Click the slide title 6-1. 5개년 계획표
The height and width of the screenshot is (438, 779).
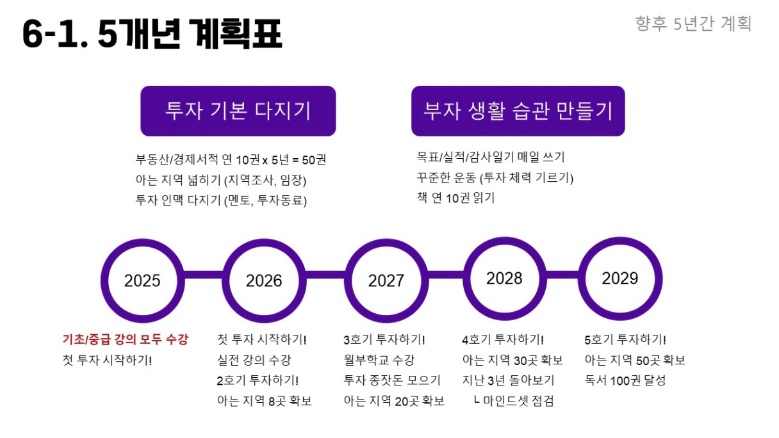point(152,34)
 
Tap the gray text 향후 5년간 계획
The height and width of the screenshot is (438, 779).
point(693,24)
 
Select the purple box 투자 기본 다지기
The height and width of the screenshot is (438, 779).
point(238,111)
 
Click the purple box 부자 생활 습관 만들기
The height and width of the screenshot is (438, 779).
point(518,111)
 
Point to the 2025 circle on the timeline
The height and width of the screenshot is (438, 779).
point(143,280)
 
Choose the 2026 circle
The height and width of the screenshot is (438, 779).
point(264,280)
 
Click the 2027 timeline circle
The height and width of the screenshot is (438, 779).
point(386,280)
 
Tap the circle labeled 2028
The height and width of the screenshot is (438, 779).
point(505,279)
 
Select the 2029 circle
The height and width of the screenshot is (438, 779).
point(620,279)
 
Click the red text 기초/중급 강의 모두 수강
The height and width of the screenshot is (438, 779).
point(125,339)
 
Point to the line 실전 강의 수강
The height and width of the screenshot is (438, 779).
point(254,360)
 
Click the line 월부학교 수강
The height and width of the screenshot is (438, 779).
point(379,360)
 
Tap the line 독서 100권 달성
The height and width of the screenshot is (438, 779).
point(625,380)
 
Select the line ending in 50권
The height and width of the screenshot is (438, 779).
point(231,160)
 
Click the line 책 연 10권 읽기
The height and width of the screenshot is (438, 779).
point(455,198)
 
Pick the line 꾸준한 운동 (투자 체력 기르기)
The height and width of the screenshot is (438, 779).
point(495,177)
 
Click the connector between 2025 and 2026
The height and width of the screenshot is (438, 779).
point(203,275)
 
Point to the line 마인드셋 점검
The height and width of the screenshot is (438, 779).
point(514,401)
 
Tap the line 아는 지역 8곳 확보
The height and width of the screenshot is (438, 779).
point(265,401)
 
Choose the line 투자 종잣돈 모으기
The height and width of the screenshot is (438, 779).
point(392,380)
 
